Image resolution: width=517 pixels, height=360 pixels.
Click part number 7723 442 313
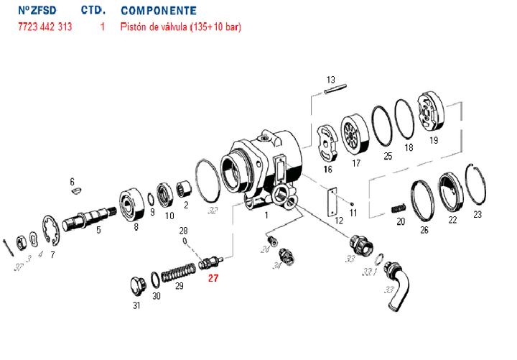(45, 28)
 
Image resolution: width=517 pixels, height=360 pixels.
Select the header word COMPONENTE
(159, 11)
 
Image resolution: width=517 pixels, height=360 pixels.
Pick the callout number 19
(434, 141)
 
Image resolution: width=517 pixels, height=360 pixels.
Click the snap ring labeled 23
(475, 188)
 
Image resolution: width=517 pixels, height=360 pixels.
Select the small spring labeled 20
(399, 208)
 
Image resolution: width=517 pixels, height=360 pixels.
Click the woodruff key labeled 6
(77, 191)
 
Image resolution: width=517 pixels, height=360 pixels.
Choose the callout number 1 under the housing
(266, 214)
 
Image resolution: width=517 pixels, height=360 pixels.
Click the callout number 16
(328, 170)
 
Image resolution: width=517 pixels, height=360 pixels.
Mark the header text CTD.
(95, 11)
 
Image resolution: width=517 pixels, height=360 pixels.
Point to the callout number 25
(388, 155)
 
